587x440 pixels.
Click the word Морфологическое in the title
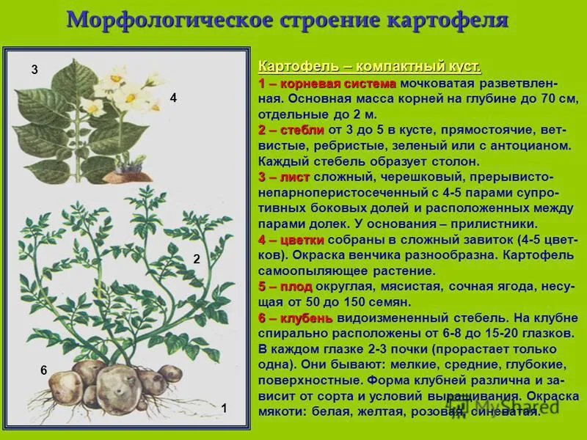tap(170, 21)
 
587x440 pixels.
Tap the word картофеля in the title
tap(448, 21)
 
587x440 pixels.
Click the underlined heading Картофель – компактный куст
tap(370, 67)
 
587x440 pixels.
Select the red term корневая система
tap(338, 84)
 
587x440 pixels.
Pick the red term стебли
tap(302, 130)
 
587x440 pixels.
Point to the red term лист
tap(295, 177)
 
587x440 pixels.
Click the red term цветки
tap(302, 240)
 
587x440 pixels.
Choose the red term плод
tap(296, 287)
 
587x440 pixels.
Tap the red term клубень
tap(306, 318)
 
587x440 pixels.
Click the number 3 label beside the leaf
tap(34, 70)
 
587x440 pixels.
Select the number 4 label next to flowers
tap(173, 98)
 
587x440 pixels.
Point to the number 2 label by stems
tap(197, 259)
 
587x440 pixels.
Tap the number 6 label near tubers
tap(44, 370)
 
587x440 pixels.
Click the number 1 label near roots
tap(224, 408)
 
